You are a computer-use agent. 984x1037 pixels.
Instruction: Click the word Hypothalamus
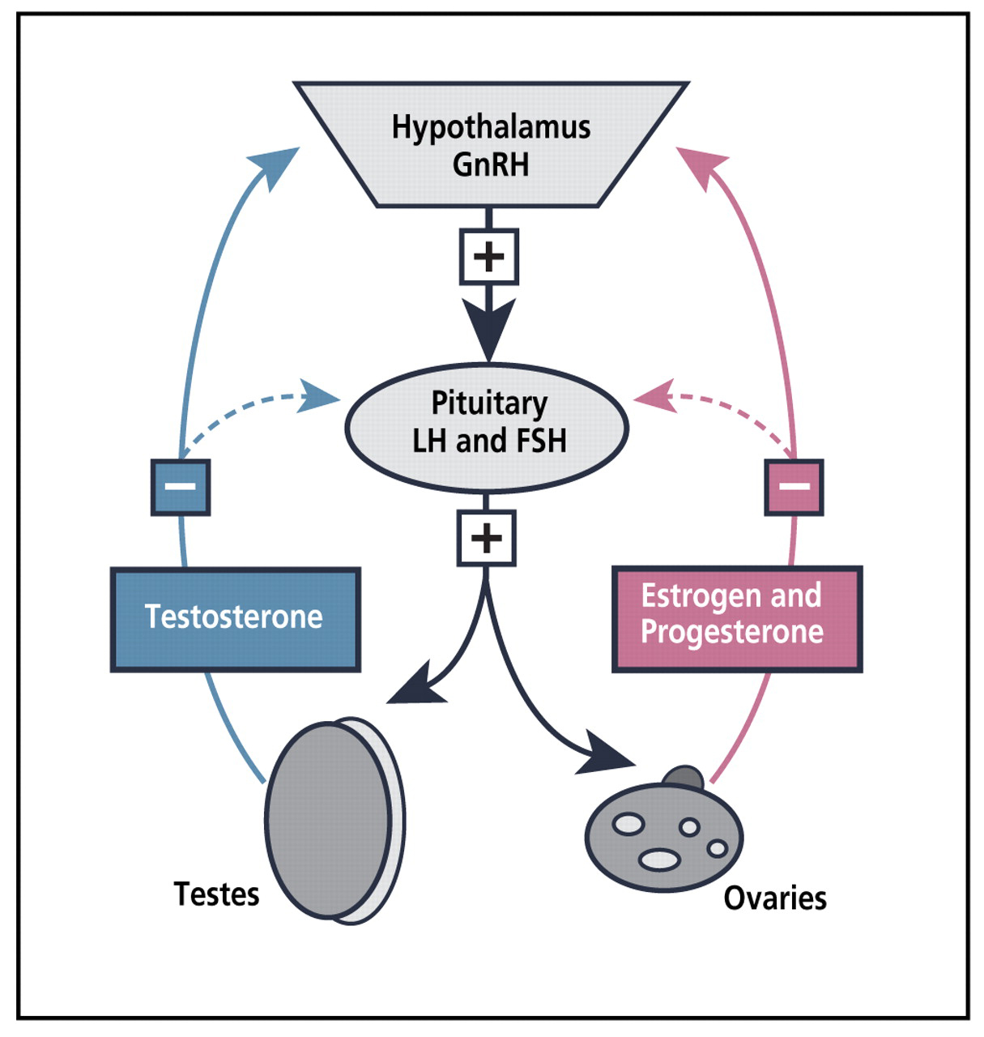(491, 128)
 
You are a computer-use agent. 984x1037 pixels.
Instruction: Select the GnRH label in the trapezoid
(491, 164)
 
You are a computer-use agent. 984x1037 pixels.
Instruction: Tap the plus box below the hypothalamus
(488, 257)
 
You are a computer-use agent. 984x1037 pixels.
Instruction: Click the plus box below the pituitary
(486, 538)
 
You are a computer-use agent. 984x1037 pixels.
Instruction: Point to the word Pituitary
(489, 403)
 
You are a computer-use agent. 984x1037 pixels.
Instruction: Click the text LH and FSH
(489, 441)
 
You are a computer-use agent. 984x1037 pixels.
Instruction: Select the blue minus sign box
(181, 487)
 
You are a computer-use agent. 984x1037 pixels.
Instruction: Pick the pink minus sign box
(794, 487)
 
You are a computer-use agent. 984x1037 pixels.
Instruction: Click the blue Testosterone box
(235, 619)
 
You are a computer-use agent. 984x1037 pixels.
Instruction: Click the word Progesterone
(731, 632)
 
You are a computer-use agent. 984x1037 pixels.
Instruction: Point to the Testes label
(216, 894)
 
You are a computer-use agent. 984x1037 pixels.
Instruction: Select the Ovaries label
(775, 898)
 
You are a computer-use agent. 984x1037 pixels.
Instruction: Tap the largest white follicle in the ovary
(659, 860)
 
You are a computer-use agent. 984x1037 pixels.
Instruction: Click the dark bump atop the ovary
(684, 777)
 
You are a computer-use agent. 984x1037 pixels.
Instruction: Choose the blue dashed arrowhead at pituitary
(321, 396)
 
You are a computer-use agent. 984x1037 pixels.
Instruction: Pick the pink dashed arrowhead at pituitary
(654, 396)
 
